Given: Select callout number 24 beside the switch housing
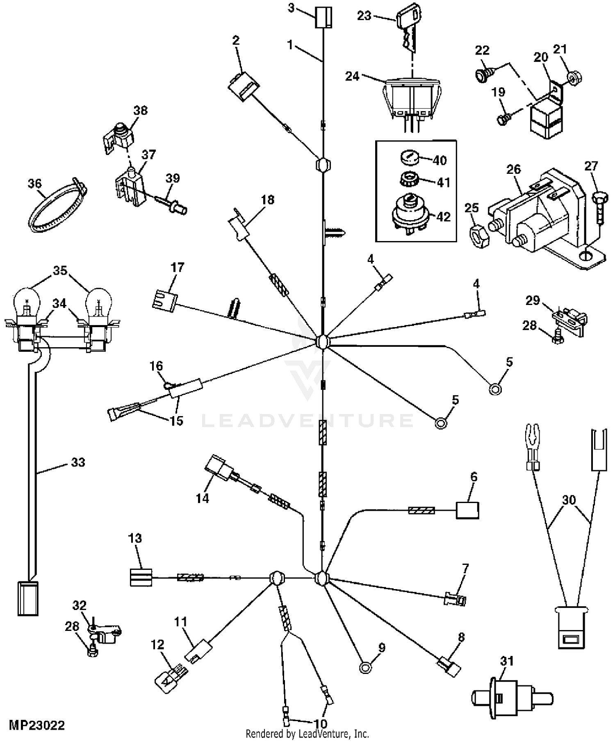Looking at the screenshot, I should [352, 76].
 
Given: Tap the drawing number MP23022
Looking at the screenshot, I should [37, 726].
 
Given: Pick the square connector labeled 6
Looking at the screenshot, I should [468, 511].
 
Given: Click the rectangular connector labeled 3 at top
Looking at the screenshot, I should [323, 18].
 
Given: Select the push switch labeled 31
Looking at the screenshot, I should [510, 698].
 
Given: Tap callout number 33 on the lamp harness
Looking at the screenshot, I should [78, 462].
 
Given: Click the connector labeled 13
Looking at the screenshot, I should [141, 577].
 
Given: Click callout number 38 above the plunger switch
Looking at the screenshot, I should [141, 111].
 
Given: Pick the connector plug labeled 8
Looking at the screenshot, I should [450, 670].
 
